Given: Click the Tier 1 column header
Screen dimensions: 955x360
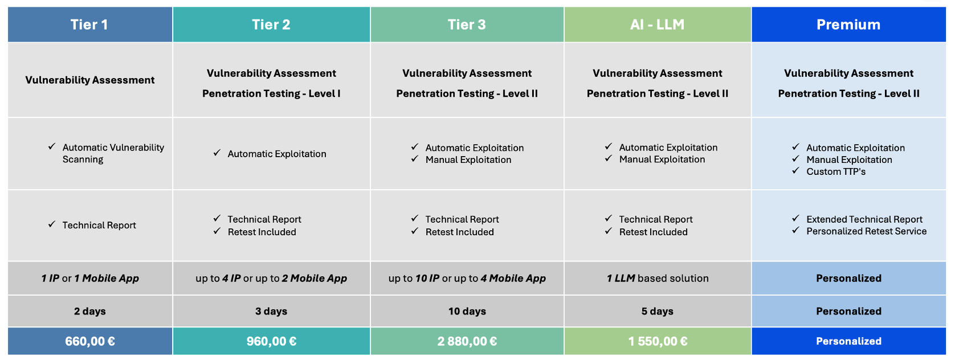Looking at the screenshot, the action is (90, 24).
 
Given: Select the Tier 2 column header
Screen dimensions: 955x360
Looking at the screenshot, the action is (272, 24).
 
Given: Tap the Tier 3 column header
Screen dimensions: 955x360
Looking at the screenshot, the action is (467, 24).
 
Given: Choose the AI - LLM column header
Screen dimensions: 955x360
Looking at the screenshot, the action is (658, 24).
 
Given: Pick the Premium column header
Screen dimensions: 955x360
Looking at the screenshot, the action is (849, 24).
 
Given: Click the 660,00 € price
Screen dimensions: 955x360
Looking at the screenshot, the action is (90, 341).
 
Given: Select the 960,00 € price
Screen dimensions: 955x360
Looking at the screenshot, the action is (272, 341).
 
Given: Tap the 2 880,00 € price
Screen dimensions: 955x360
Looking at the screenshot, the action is (467, 341).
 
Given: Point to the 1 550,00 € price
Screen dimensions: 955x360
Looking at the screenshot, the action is (658, 341).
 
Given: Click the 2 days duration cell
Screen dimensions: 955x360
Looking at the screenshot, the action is (90, 312).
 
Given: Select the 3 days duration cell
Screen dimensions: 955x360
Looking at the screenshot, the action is (272, 312).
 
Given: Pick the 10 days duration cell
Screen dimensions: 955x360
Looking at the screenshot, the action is (467, 312).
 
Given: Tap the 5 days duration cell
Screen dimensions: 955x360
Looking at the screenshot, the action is (658, 312).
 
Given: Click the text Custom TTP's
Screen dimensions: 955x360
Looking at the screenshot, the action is (835, 171).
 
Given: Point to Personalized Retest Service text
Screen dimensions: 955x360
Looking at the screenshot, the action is (866, 231).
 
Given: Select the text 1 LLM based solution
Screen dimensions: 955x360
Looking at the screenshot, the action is (658, 278).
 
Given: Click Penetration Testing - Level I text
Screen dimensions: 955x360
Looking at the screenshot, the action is (271, 94).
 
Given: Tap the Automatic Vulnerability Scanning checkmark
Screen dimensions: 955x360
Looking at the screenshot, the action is (52, 146).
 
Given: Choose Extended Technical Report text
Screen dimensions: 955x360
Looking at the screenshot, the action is (864, 219).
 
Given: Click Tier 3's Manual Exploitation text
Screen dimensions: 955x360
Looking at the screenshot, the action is (468, 159).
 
